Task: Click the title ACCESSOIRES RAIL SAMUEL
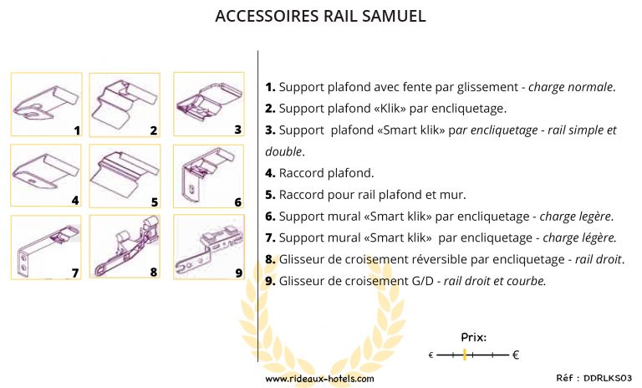[320, 17]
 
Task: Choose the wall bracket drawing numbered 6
[206, 175]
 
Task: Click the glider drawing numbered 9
[206, 247]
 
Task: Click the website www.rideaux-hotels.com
[319, 378]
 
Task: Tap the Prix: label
[473, 338]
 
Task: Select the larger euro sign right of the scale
[516, 355]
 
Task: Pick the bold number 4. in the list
[270, 174]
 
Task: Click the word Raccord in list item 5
[302, 195]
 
